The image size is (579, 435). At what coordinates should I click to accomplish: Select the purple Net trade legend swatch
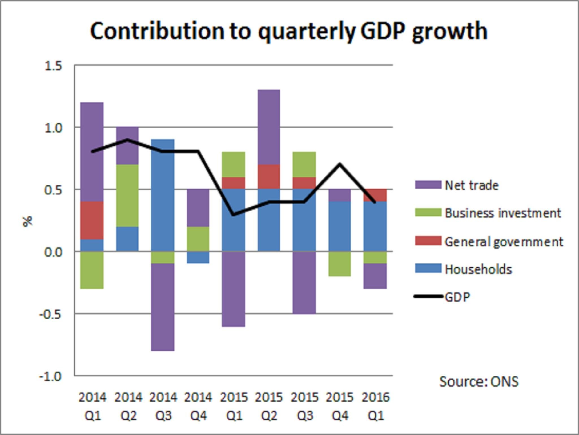click(428, 185)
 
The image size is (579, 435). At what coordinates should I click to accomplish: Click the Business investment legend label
click(503, 213)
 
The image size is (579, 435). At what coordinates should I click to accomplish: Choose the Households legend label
click(478, 269)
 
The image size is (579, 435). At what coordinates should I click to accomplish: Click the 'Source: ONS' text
click(479, 381)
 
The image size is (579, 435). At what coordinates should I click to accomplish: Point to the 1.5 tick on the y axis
click(53, 66)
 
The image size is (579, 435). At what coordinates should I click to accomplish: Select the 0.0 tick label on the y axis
click(53, 252)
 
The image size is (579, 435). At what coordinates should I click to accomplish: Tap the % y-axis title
click(27, 221)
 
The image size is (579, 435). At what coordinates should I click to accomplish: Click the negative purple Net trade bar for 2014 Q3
click(163, 307)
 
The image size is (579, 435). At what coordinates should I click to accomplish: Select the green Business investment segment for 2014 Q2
click(128, 195)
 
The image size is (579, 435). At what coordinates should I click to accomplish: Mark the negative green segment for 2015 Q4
click(340, 264)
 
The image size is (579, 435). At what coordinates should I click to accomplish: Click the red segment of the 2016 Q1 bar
click(375, 195)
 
